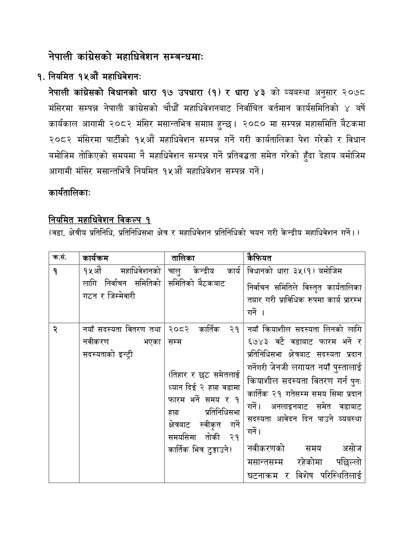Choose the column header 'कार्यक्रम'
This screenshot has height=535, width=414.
pos(95,258)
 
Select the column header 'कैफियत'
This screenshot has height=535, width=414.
pos(259,258)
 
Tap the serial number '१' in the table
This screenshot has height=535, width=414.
pos(55,271)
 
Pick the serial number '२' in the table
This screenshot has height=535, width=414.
pos(55,329)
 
